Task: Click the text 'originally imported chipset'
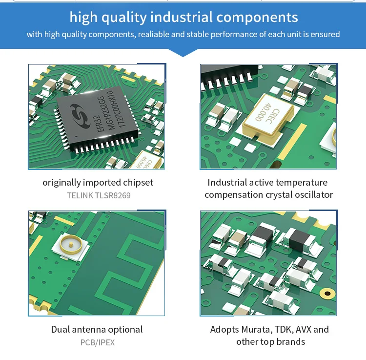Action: point(98,183)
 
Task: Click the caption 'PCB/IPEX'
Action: point(98,342)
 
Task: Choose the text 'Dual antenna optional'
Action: point(97,330)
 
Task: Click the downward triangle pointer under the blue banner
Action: point(183,53)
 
